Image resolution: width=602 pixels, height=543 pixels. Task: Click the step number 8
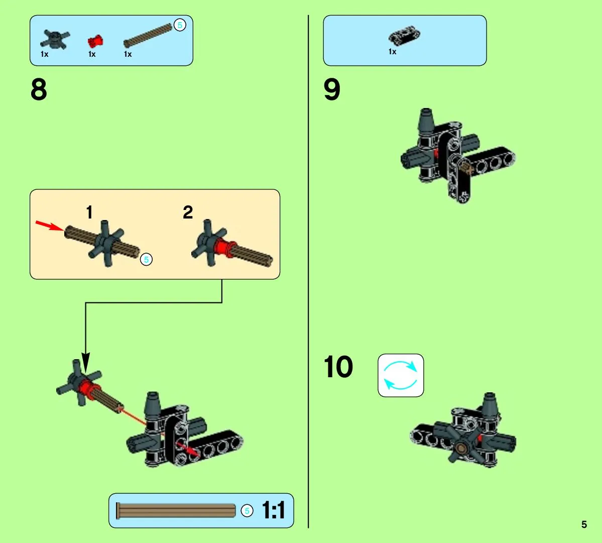pos(39,89)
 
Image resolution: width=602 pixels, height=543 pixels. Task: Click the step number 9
pos(332,89)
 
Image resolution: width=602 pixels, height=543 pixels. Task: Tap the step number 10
pos(338,367)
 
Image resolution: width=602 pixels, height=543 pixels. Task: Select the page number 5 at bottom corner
pos(584,524)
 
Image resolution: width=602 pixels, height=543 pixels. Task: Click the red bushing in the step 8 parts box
pos(95,41)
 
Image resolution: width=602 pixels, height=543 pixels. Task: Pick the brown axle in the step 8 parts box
pos(148,36)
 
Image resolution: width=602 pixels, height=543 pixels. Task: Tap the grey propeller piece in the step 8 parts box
pos(55,40)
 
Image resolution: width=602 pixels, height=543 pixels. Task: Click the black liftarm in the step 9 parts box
pos(404,36)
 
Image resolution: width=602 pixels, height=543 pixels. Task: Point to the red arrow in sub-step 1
pos(50,226)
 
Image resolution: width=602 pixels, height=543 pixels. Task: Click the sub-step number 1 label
pos(89,212)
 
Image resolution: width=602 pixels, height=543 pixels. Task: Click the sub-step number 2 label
pos(188,212)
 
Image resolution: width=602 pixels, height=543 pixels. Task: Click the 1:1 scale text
pos(273,510)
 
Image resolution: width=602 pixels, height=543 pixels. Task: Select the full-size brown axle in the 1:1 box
pos(176,511)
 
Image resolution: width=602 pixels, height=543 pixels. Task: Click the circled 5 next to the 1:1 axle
pos(247,511)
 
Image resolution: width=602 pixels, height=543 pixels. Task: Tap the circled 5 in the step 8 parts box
pos(180,25)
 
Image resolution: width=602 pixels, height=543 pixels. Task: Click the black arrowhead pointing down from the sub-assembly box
pos(86,362)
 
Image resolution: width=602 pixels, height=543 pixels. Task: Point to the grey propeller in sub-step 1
pos(105,243)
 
